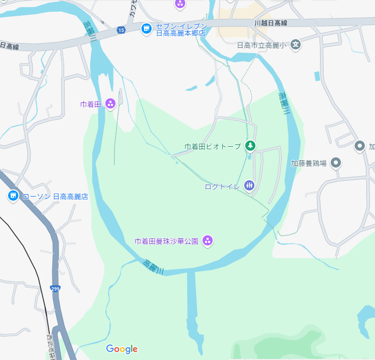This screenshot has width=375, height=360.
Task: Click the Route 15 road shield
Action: pos(121,31)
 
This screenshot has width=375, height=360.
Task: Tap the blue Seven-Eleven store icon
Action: pos(147,29)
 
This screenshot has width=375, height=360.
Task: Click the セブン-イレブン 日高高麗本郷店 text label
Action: pos(181,29)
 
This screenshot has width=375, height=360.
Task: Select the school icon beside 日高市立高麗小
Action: pos(297,45)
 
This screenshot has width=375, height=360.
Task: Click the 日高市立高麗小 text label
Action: pos(263,45)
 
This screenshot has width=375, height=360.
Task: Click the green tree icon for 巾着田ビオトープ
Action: pos(250,146)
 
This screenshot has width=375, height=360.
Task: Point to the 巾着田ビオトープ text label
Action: pos(213,147)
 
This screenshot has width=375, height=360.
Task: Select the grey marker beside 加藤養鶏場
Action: pos(335,163)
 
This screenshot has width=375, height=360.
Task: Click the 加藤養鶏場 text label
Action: pos(309,163)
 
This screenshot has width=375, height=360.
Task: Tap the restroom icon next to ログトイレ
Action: pos(249,186)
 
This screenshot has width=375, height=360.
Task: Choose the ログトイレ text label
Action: pos(222,186)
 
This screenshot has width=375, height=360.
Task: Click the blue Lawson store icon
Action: pos(13,196)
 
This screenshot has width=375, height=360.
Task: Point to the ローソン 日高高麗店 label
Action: pos(56,196)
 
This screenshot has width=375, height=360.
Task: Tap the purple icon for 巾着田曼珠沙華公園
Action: pos(207,240)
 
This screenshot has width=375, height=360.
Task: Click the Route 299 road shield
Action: pos(55,289)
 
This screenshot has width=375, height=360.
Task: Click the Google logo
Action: pos(122,349)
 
